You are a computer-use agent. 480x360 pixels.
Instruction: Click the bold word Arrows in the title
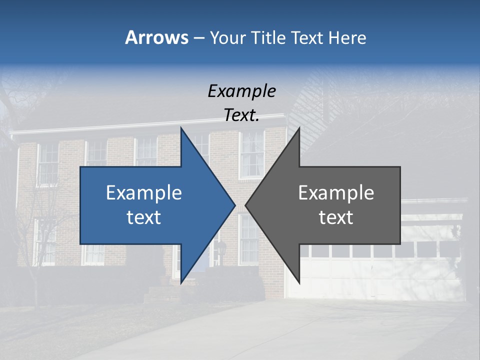click(156, 37)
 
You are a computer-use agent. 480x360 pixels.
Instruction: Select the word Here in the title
click(347, 37)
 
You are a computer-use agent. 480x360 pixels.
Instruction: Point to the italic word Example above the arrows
click(241, 91)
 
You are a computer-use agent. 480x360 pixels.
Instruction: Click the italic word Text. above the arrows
click(241, 115)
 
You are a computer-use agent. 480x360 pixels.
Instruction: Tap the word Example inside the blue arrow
click(144, 192)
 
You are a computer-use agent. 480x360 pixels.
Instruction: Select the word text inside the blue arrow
click(144, 217)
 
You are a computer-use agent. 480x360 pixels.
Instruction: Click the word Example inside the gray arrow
click(336, 192)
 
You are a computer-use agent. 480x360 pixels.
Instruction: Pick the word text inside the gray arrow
click(336, 217)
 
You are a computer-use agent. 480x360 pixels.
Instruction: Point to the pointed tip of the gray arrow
click(246, 205)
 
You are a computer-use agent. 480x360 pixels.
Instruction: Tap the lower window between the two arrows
click(248, 239)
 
